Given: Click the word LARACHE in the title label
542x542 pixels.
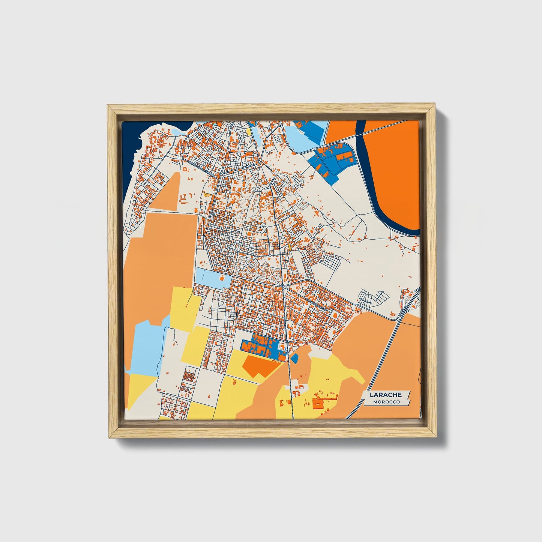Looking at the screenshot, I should coord(386,395).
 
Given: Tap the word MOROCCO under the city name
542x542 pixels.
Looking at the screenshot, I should coord(386,402).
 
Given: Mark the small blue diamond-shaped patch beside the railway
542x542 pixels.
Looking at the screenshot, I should coord(294,358).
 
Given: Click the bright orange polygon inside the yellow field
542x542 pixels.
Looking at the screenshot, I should coord(259,366).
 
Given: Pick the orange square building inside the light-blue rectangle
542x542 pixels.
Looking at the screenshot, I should coord(222,279).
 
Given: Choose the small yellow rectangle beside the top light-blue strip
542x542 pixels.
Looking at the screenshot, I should coord(249,131).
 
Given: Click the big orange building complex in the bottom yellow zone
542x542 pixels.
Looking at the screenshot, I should coord(318,404).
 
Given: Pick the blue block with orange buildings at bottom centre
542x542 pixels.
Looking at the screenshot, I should coord(263,348).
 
